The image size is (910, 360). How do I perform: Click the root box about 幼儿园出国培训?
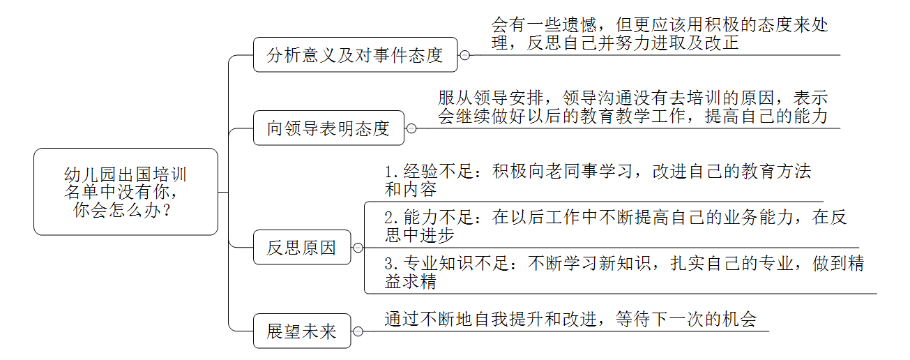tap(126, 191)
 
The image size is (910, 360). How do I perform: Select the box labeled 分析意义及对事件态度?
tap(355, 55)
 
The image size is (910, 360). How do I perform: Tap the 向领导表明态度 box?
tap(328, 128)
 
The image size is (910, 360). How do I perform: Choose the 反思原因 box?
tap(302, 248)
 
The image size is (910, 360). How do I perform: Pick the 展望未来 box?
tap(302, 331)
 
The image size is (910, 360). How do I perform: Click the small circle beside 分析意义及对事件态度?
tap(464, 55)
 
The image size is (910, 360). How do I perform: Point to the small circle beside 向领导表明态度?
tap(411, 128)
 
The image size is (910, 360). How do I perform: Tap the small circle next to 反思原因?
tap(358, 248)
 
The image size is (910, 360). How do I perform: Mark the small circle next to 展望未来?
tap(358, 331)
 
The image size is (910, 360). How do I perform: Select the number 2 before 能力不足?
tap(390, 218)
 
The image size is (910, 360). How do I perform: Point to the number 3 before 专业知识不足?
tap(390, 264)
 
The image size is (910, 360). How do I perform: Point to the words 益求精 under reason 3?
tap(411, 282)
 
